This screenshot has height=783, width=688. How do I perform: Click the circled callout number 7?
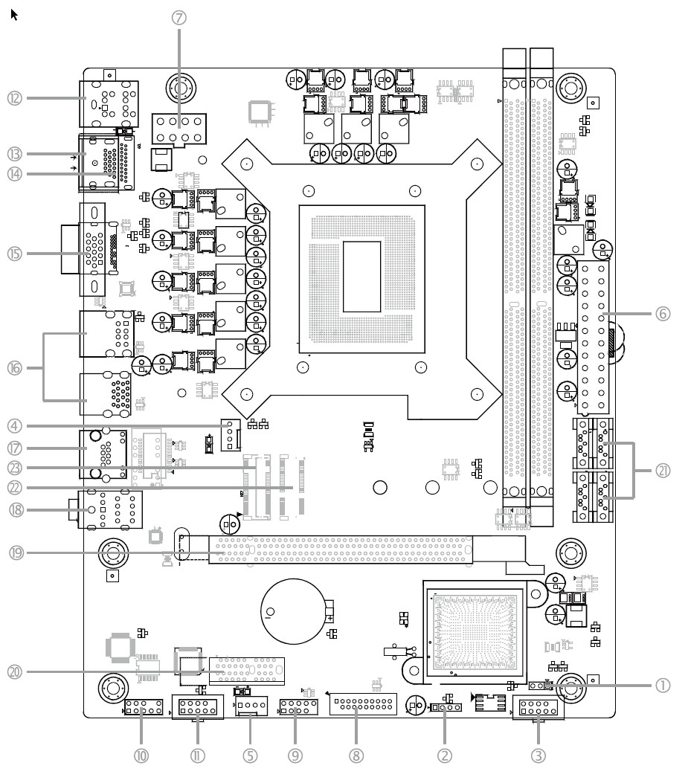[179, 18]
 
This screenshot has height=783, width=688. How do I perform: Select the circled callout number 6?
[663, 314]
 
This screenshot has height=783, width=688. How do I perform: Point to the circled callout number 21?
[663, 470]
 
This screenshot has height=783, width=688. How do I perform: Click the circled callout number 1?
[663, 686]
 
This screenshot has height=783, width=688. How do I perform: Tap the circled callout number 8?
[357, 755]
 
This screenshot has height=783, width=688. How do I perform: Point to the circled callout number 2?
[445, 755]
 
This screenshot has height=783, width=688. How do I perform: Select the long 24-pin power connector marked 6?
[594, 338]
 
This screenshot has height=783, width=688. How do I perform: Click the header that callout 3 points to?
[537, 710]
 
